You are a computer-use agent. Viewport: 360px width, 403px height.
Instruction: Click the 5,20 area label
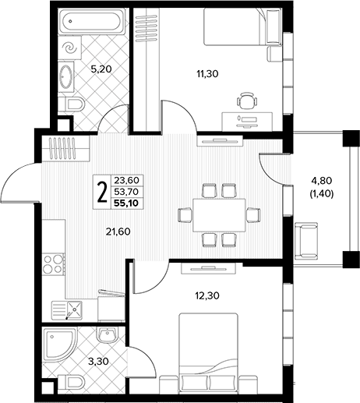pos(101,69)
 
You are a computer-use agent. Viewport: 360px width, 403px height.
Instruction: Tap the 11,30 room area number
pos(207,74)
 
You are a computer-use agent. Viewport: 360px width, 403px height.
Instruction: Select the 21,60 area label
pos(118,232)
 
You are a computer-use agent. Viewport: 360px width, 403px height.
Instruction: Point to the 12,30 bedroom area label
pos(207,295)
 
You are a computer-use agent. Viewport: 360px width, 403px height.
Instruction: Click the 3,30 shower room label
pos(98,361)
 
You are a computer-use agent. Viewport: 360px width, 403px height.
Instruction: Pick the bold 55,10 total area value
pos(127,203)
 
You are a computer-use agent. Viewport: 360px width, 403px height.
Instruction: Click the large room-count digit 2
pos(102,192)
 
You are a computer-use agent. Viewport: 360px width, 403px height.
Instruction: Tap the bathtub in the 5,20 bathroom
pos(93,21)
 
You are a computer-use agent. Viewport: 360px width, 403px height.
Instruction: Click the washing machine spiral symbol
pos(69,48)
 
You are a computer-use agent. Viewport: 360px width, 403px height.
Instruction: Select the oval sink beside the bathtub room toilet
pos(65,76)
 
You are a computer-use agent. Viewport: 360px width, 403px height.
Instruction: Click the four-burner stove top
pos(54,264)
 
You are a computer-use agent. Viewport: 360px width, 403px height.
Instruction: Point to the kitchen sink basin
pos(75,310)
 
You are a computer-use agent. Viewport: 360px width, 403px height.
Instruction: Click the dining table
pos(219,215)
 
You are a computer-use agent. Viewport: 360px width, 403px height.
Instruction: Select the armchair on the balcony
pos(306,241)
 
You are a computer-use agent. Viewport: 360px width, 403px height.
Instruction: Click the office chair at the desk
pos(247,101)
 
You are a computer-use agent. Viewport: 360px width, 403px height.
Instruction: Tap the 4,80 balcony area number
pos(322,180)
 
